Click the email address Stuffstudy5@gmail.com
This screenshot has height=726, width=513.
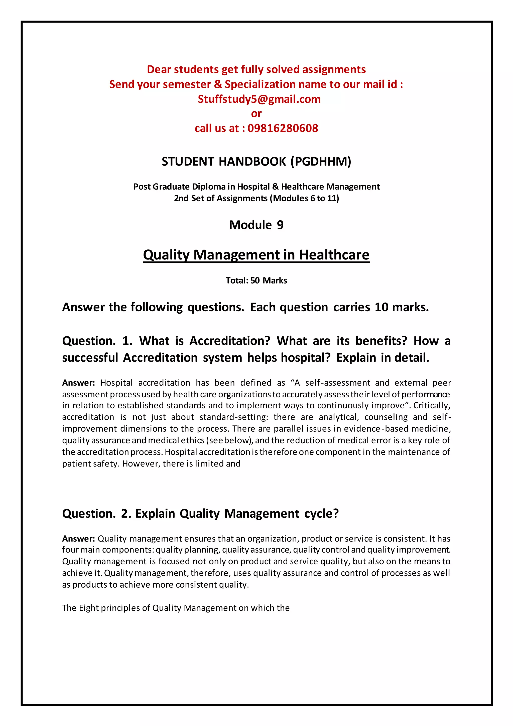pyautogui.click(x=259, y=99)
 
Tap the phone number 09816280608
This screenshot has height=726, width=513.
pyautogui.click(x=283, y=128)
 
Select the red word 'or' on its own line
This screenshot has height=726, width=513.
pyautogui.click(x=256, y=114)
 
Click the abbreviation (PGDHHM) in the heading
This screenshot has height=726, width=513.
pyautogui.click(x=321, y=162)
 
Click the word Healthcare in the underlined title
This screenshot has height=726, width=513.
pyautogui.click(x=334, y=255)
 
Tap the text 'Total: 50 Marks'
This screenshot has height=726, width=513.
pyautogui.click(x=256, y=281)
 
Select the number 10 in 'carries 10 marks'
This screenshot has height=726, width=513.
pyautogui.click(x=381, y=307)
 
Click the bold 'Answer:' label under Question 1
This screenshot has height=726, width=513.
pyautogui.click(x=78, y=383)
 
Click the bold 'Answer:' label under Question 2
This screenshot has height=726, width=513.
pyautogui.click(x=78, y=538)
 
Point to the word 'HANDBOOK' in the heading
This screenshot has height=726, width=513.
pyautogui.click(x=252, y=162)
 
